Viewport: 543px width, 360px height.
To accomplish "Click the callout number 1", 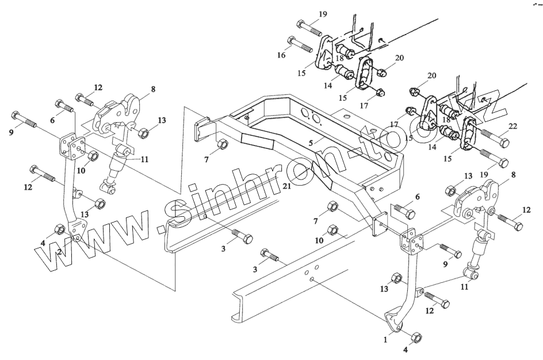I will tap(387, 339).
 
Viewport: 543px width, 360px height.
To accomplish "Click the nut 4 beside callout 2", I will tap(58, 230).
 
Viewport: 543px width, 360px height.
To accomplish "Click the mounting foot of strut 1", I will tap(396, 320).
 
